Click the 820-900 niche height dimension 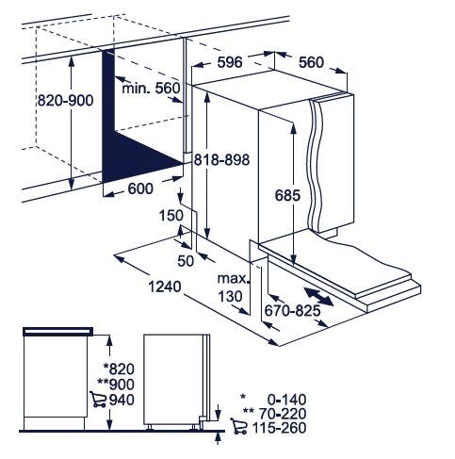coord(65,101)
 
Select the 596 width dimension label coord(230,62)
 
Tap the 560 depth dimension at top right coord(311,62)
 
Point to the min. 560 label coord(151,88)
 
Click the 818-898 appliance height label coord(221,159)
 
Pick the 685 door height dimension coord(287,195)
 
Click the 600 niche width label coord(140,189)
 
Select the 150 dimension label coord(171,216)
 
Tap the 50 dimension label coord(186,261)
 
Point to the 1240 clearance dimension coord(165,287)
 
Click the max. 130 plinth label coord(233,287)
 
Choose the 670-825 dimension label coord(292,311)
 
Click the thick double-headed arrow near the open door coord(318,296)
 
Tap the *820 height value coord(119,369)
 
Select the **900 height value coord(116,385)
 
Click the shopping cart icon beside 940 coord(98,400)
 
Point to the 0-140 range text coord(286,400)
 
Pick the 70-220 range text coord(283,414)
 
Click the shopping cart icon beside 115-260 coord(238,426)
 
